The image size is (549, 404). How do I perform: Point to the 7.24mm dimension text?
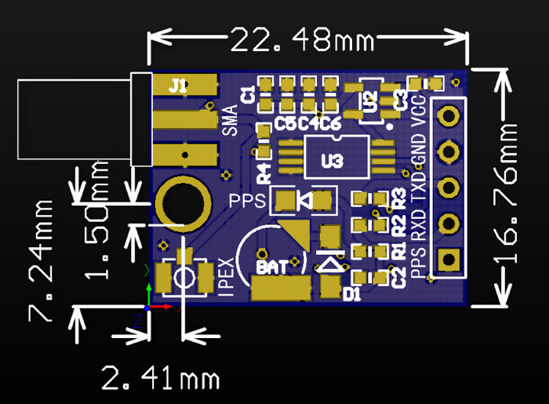point(41,260)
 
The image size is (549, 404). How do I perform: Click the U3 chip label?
point(333,161)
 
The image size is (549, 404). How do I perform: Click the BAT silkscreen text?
point(272,267)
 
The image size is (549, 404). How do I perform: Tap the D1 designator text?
point(351,294)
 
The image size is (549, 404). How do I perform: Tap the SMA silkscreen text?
point(230,120)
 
